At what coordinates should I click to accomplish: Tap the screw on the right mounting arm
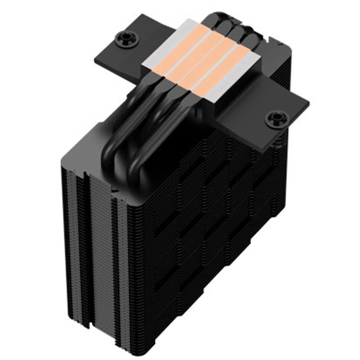273,119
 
